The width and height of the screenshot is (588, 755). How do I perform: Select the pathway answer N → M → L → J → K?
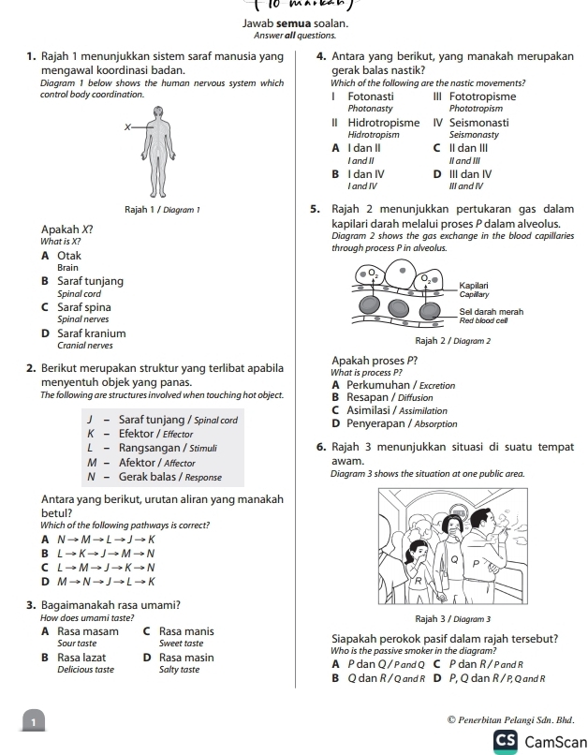pyautogui.click(x=98, y=540)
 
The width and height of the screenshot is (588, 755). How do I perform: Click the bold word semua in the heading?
pyautogui.click(x=291, y=22)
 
